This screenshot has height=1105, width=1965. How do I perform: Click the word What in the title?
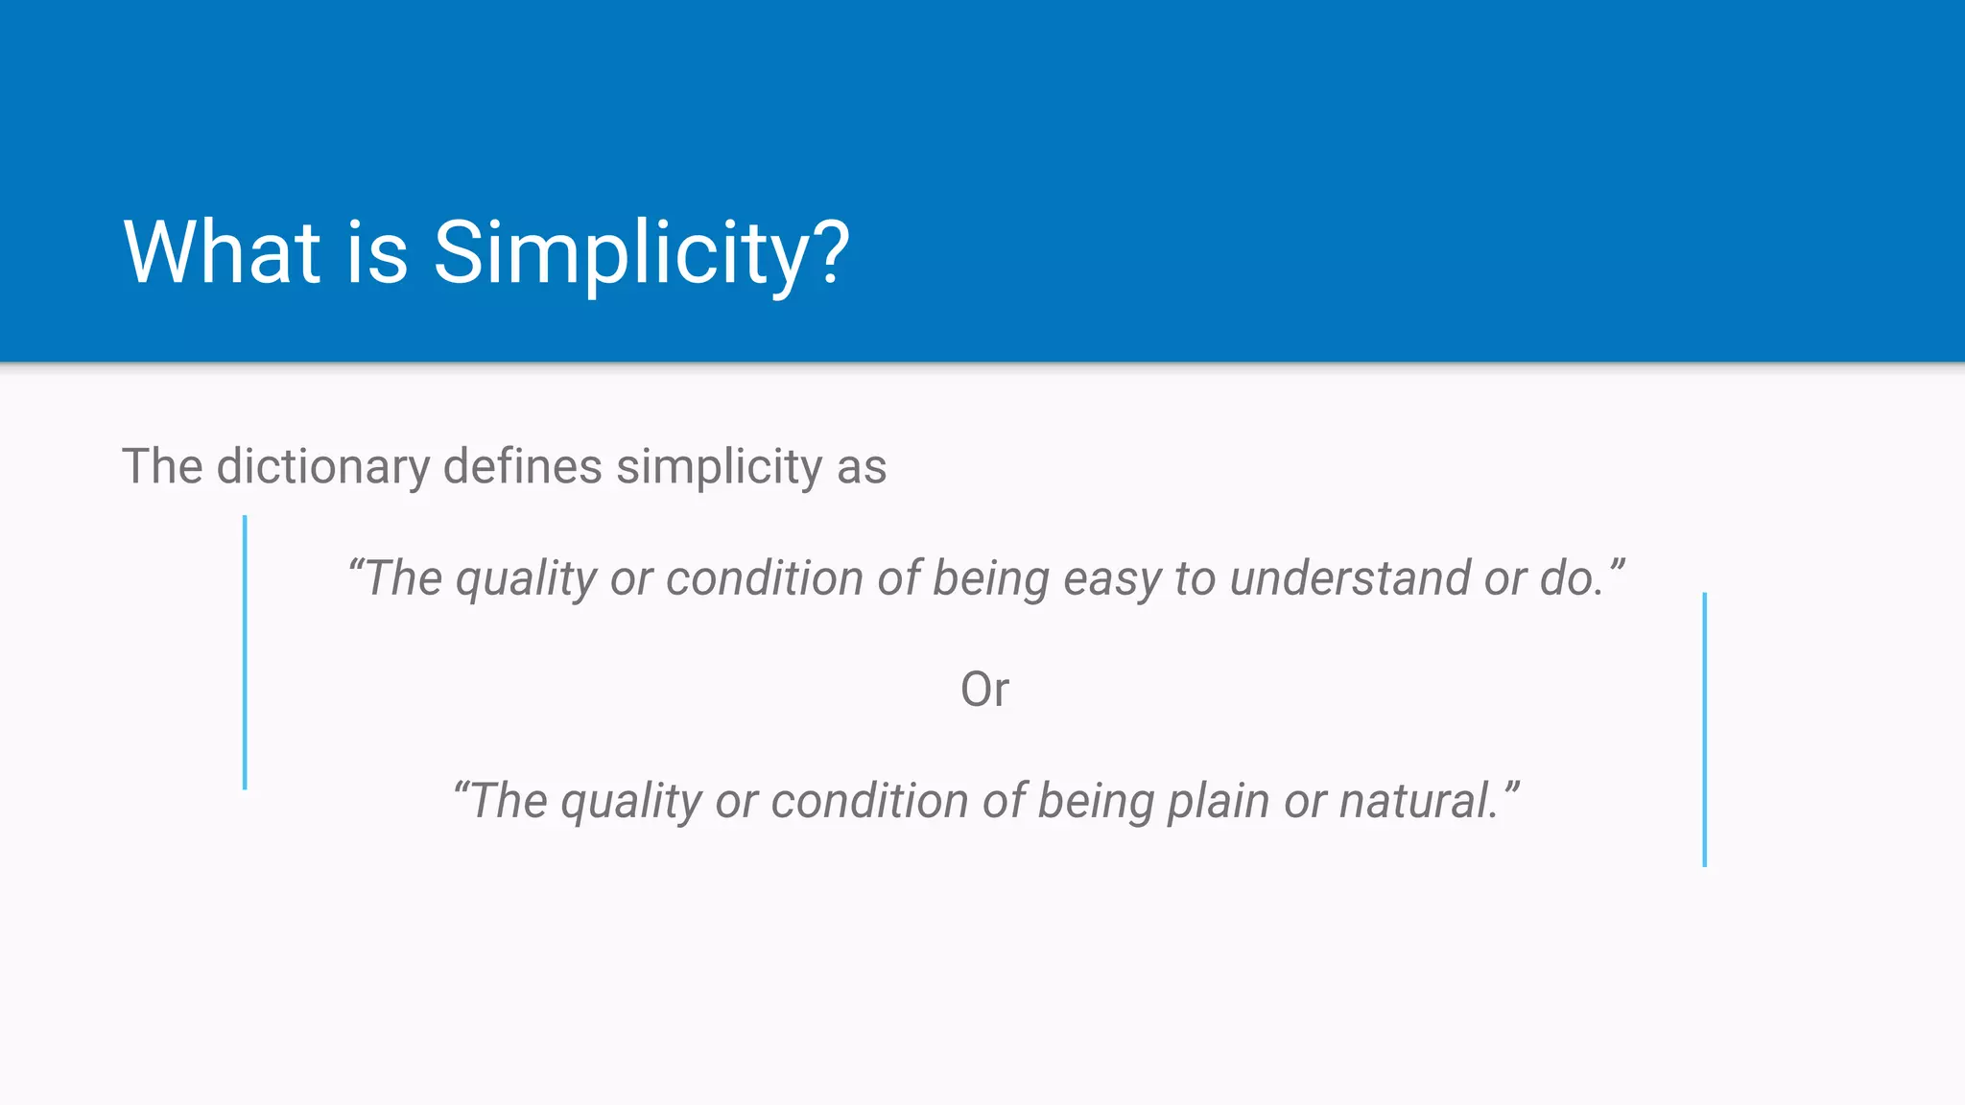click(222, 252)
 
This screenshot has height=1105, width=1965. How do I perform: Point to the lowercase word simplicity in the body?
click(719, 467)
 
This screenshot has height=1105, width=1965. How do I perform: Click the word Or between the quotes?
click(984, 690)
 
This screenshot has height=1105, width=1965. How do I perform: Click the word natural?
click(1416, 801)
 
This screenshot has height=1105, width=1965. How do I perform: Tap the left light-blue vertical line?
click(245, 652)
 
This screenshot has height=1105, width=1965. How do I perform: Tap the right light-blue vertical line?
click(1704, 729)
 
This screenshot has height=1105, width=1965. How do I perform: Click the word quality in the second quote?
click(631, 802)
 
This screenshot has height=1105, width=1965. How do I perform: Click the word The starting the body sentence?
click(162, 467)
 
